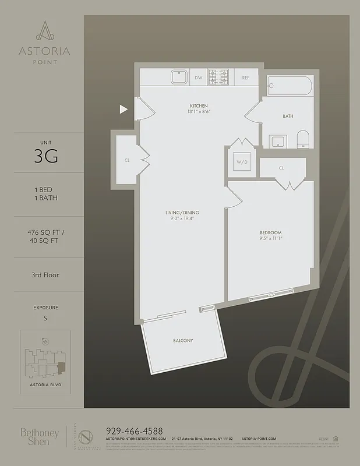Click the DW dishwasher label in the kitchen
click(198, 77)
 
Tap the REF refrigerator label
click(246, 77)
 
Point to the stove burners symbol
click(220, 77)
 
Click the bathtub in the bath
click(290, 86)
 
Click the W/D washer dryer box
click(241, 161)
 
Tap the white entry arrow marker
click(123, 109)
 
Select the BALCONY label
click(183, 340)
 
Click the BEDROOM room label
click(271, 232)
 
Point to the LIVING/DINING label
click(182, 213)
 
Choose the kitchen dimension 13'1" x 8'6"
click(198, 111)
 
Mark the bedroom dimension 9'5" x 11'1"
click(271, 239)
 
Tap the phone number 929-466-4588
click(135, 430)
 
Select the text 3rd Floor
click(45, 274)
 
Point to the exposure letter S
click(45, 318)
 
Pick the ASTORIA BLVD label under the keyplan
click(45, 385)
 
